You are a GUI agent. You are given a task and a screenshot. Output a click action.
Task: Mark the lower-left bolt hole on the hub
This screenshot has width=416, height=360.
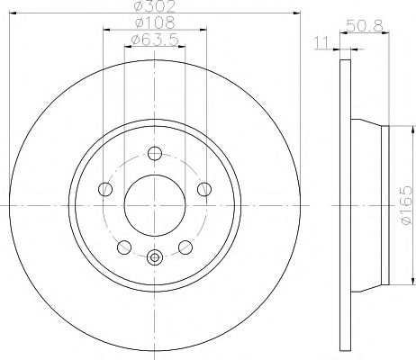click(124, 247)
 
